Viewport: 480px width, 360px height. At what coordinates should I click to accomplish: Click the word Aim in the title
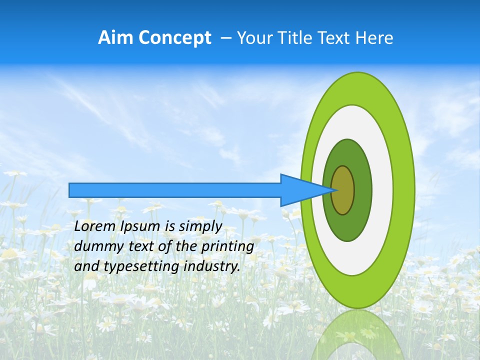click(116, 38)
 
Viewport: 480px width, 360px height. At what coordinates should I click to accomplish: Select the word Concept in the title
click(175, 38)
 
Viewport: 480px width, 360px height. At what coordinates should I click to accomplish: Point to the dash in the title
click(225, 38)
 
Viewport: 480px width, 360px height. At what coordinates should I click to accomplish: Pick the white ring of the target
click(382, 190)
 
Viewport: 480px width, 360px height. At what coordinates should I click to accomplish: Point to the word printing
click(227, 247)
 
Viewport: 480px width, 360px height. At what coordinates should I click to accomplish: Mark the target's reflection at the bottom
click(357, 335)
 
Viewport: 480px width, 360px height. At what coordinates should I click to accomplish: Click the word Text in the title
click(339, 38)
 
